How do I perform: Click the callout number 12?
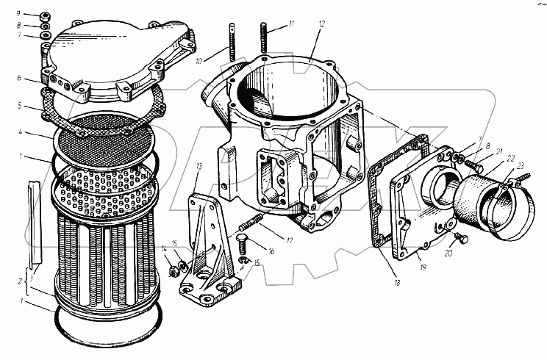click(x=322, y=24)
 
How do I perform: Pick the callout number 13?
click(x=199, y=167)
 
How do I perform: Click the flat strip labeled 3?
click(x=31, y=220)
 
